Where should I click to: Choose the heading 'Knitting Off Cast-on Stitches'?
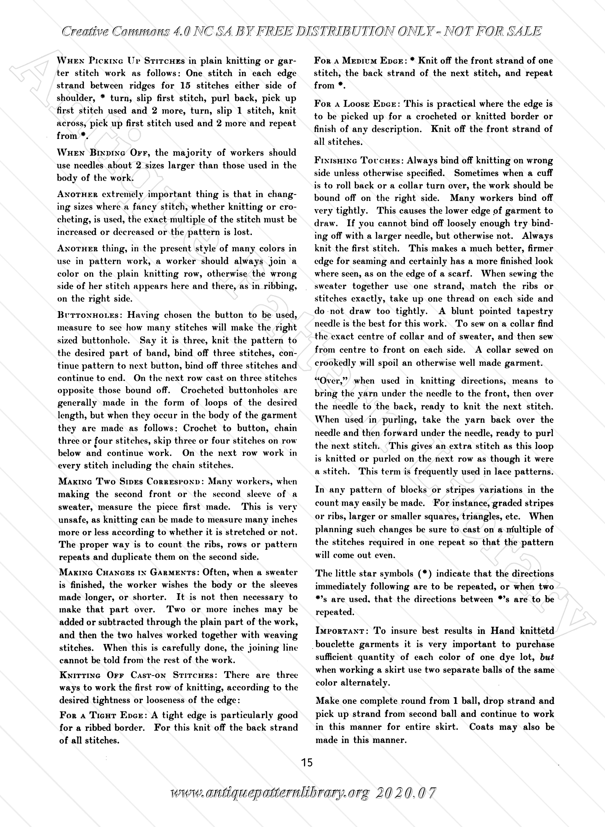139,675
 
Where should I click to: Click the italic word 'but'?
547,657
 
